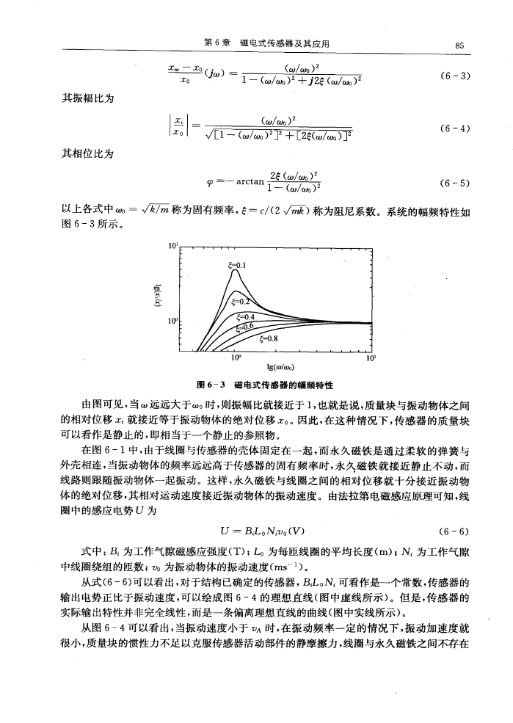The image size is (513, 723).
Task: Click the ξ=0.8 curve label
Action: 267,338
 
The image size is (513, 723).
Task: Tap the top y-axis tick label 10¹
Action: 173,246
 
